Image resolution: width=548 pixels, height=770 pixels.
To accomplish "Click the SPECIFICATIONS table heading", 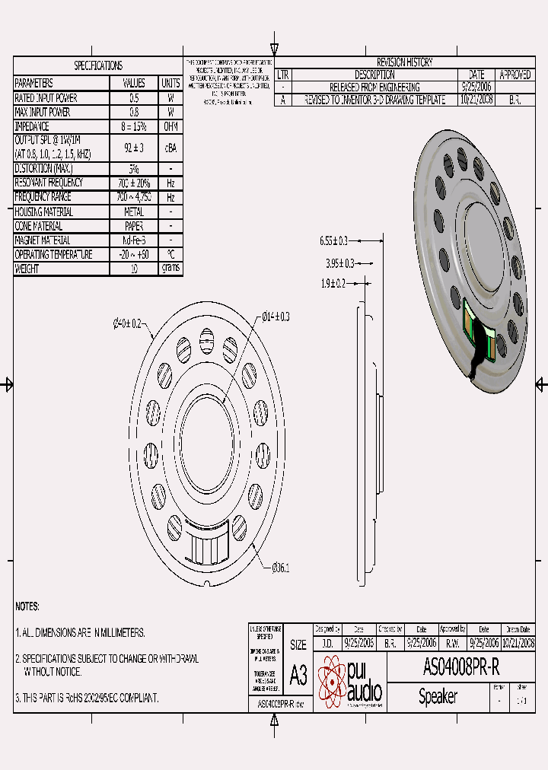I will [x=97, y=65].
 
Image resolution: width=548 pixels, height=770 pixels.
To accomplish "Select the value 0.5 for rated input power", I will [x=134, y=98].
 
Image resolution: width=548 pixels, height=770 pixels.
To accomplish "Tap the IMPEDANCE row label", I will [x=33, y=126].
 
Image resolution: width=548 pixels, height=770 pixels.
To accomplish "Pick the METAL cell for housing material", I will [x=134, y=212].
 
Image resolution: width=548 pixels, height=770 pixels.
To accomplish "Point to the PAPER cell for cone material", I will [x=134, y=226].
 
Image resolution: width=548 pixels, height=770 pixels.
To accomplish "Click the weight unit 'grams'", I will [x=170, y=269].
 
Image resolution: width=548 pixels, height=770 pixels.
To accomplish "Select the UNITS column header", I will [x=170, y=83].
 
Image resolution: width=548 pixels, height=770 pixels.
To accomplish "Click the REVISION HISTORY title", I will [x=404, y=62].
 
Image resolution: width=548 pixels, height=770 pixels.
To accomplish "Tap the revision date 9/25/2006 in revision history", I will [x=476, y=87].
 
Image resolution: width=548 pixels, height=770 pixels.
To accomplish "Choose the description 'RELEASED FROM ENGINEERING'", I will [x=374, y=87].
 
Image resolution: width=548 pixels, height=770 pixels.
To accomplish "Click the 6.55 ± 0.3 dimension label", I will [x=333, y=240].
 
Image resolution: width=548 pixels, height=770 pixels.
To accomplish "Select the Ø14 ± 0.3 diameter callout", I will [x=276, y=316].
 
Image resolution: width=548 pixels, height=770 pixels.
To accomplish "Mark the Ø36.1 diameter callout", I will [x=281, y=568].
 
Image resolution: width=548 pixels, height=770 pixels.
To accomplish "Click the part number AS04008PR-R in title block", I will [x=461, y=669].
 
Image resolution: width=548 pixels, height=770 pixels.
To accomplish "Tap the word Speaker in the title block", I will [x=438, y=697].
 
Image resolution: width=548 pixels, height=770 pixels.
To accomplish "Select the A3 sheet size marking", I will [x=298, y=675].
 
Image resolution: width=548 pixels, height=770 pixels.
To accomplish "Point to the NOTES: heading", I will [x=27, y=606].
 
